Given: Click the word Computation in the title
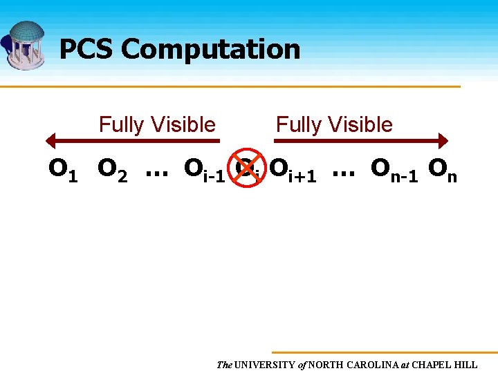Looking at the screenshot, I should pos(210,50).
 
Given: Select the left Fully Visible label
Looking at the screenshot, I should pos(157,125).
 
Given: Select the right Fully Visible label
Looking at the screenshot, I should pos(334,125).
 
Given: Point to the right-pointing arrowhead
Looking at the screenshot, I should pos(442,141).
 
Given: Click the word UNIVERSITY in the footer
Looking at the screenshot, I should pos(265,365).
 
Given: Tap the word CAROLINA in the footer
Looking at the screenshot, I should pos(375,365).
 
